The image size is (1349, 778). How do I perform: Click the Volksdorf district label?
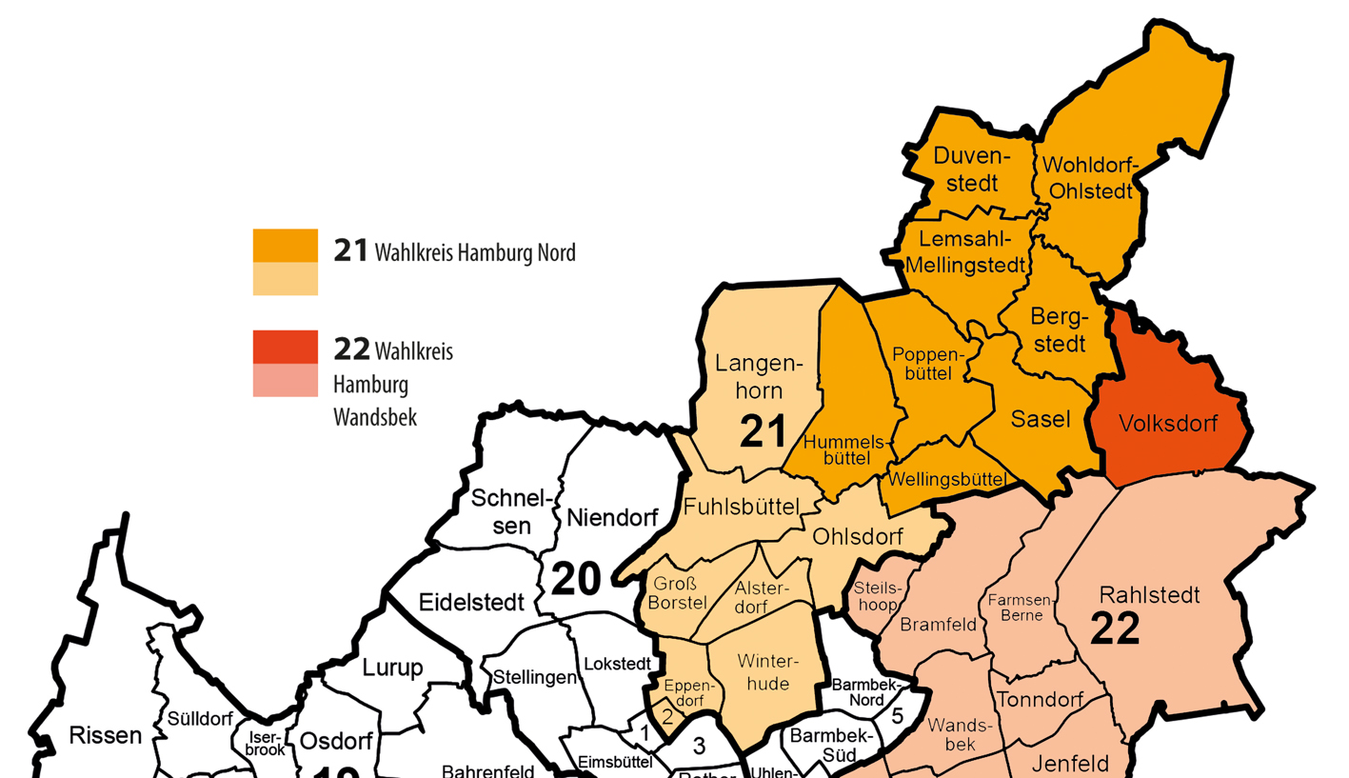(1168, 424)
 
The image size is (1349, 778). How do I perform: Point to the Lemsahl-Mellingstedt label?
(965, 251)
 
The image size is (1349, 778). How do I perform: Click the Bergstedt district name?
(1058, 329)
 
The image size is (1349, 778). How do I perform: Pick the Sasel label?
(1041, 418)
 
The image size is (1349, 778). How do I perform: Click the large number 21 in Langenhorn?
(764, 431)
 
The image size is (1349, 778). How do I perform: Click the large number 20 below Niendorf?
(576, 578)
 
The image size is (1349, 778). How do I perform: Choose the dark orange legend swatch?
(285, 246)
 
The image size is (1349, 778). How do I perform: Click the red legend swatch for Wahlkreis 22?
(285, 346)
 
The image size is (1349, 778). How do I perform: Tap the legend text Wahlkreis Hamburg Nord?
(475, 253)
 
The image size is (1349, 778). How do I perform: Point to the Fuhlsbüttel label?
(741, 508)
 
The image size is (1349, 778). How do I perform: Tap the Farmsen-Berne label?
(1020, 607)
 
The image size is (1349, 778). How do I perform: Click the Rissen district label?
(106, 735)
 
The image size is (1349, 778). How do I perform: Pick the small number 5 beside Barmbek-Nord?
(896, 716)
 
